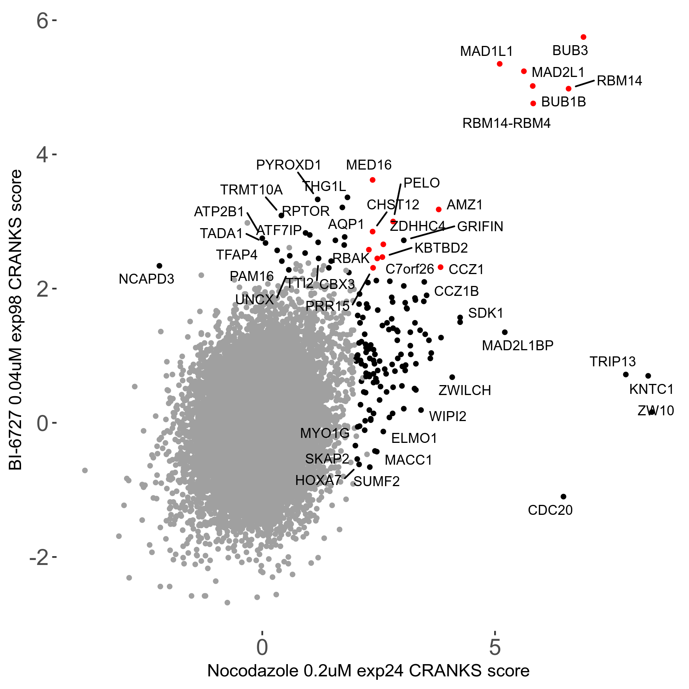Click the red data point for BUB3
coord(583,37)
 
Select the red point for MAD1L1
coord(500,64)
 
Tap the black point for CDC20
coord(563,496)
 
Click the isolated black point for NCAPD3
coord(159,266)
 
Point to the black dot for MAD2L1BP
coord(505,332)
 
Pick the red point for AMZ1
coord(439,209)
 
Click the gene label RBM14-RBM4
coord(506,123)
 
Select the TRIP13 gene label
coord(612,361)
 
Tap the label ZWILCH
coord(465,390)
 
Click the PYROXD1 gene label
coord(289,165)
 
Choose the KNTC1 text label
coord(651,389)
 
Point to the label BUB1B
coord(563,102)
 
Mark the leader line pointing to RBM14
coord(585,83)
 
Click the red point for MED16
coord(372,180)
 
